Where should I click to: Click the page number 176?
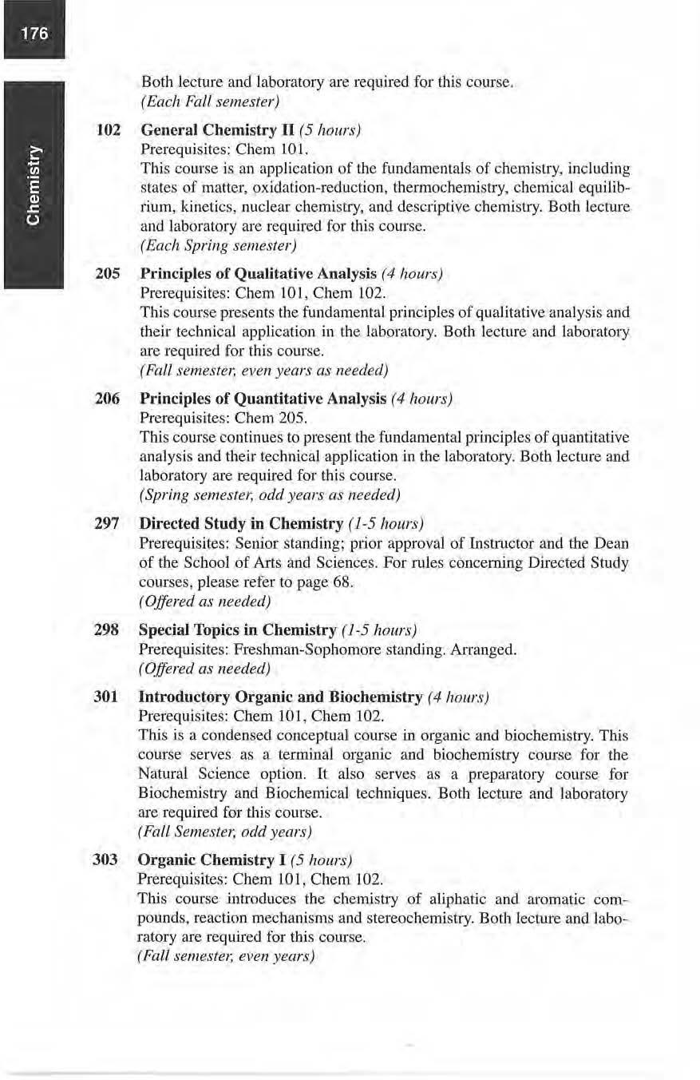tap(33, 34)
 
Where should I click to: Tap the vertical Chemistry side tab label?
tap(33, 184)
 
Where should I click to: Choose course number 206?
tap(108, 398)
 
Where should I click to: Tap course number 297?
tap(108, 523)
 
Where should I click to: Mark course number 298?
tap(108, 630)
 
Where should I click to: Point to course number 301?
tap(108, 697)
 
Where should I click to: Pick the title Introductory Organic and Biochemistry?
tap(280, 697)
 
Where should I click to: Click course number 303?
tap(108, 860)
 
